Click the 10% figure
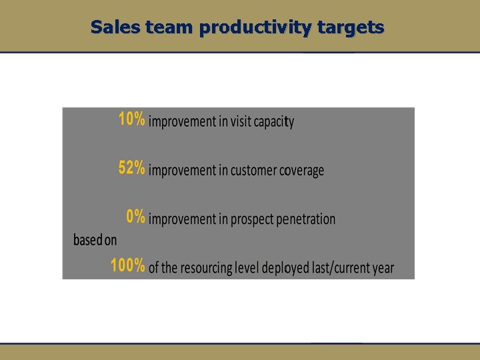[131, 120]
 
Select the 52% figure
[131, 169]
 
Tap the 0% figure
[135, 217]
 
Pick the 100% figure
[127, 266]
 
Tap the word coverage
[301, 171]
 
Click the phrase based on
[95, 240]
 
